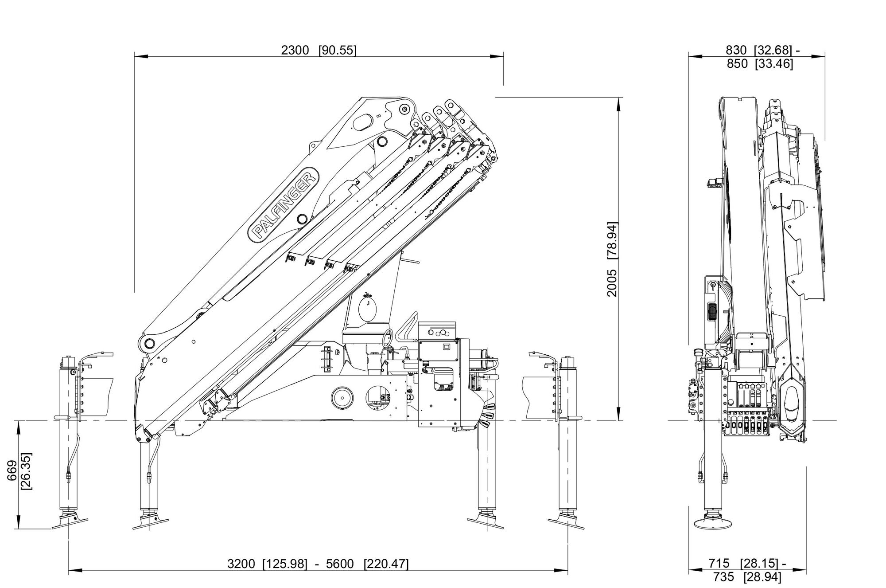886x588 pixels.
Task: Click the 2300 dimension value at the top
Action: pyautogui.click(x=295, y=50)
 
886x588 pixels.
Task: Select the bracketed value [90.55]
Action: pyautogui.click(x=338, y=50)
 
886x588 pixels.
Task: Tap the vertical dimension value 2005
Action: pyautogui.click(x=612, y=282)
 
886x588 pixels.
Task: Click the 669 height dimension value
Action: pyautogui.click(x=12, y=470)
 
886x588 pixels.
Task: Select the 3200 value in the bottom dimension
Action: pyautogui.click(x=241, y=564)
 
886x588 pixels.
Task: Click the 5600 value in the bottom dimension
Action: pyautogui.click(x=340, y=564)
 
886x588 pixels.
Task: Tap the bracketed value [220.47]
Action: pyautogui.click(x=386, y=564)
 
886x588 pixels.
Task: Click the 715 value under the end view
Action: pyautogui.click(x=719, y=564)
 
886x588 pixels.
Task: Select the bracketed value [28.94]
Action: pyautogui.click(x=762, y=577)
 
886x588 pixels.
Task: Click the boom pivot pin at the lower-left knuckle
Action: pyautogui.click(x=148, y=343)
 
